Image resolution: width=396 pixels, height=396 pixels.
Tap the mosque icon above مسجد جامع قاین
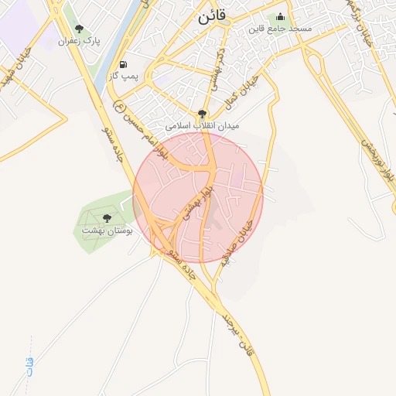[x=280, y=16]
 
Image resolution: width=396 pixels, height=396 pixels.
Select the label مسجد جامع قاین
[x=279, y=29]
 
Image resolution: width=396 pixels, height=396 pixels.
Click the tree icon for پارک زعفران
[x=79, y=29]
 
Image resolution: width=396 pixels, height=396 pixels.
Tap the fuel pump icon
[x=123, y=63]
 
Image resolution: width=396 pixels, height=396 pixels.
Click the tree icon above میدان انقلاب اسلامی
[x=203, y=113]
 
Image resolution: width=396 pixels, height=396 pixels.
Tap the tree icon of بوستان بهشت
[x=106, y=218]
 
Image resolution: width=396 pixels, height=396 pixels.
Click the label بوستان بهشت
[x=107, y=230]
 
